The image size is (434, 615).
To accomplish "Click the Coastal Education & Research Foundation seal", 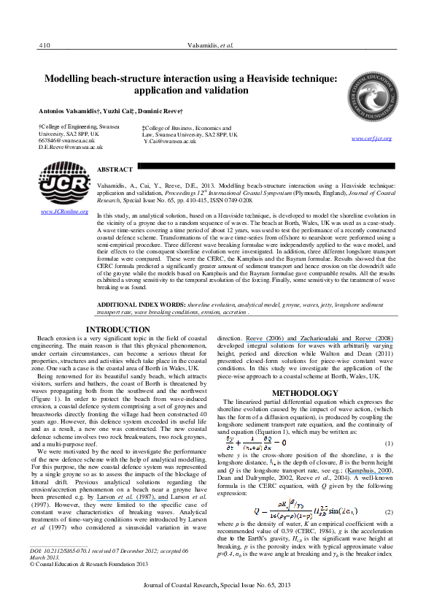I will coord(372,97).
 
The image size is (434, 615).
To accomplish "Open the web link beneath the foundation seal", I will coord(372,138).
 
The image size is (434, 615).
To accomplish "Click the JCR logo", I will coord(64,183).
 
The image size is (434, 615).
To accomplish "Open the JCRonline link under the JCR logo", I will coord(64,212).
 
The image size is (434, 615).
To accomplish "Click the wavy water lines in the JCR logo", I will coord(64,196).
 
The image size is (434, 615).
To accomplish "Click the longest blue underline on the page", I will coord(319,341).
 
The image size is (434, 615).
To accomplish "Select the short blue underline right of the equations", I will coord(368,475).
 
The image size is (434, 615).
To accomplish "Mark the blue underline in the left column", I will coord(132,500).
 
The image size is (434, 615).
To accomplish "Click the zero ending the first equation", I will coord(284,442).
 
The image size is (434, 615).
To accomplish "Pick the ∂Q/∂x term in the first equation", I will coord(268,442).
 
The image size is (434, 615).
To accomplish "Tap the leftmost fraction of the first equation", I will coord(230,442).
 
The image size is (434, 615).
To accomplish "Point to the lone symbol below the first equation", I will coord(272,463).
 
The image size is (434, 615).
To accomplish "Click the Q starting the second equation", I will coord(256,512).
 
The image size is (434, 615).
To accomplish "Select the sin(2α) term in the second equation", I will coord(340,511).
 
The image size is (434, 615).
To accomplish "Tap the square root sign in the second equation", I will coord(291,503).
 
